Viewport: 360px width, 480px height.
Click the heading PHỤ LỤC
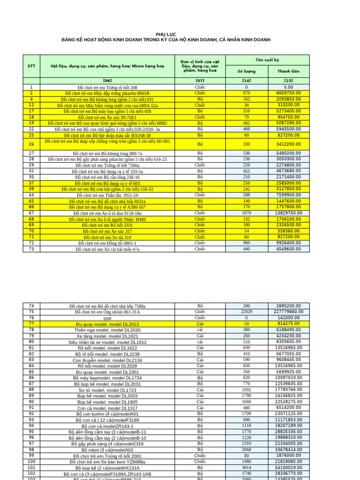pos(166,34)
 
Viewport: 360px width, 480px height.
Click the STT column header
pos(31,66)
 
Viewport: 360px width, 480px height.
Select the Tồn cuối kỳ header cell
pos(267,60)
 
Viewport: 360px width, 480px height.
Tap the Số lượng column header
pos(247,72)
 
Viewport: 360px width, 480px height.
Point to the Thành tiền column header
pos(288,72)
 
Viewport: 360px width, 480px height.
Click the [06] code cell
pos(107,81)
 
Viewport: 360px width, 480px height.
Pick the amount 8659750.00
pos(288,93)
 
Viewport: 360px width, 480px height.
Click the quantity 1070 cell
pos(247,213)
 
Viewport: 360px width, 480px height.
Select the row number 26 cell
pos(31,144)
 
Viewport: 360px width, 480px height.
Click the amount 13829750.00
pos(288,213)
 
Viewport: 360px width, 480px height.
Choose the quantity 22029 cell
pos(247,312)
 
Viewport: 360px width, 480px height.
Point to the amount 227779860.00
pos(288,312)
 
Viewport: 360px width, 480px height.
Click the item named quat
pos(107,318)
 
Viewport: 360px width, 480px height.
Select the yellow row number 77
pos(31,323)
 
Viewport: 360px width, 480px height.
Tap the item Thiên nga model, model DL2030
pos(107,330)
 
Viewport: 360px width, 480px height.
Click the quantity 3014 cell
pos(247,467)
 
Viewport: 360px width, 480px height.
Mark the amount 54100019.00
pos(288,467)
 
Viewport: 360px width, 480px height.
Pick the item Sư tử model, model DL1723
pos(107,390)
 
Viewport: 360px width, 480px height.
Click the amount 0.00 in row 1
pos(288,87)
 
